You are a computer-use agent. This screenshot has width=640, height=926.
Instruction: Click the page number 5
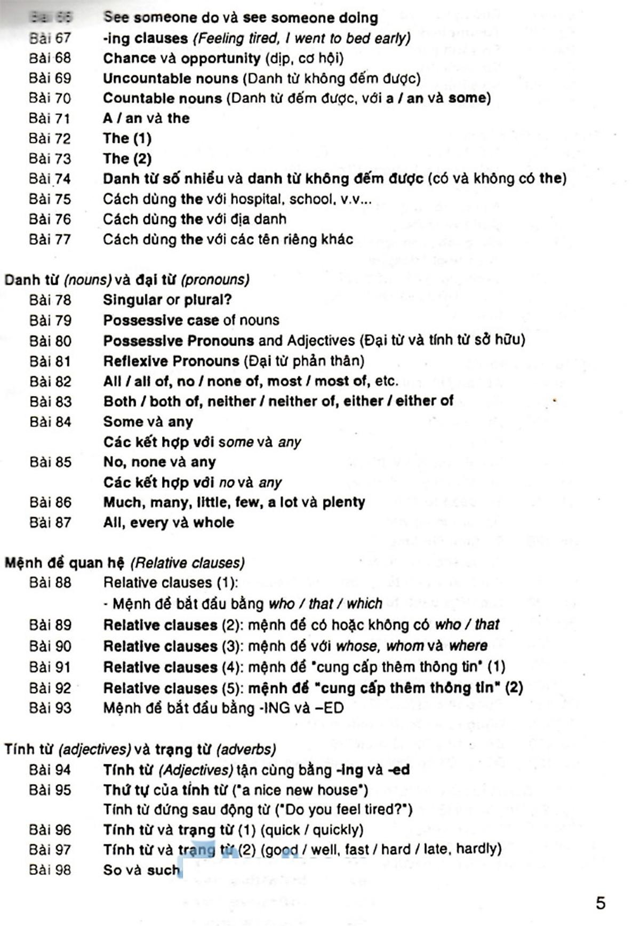point(601,903)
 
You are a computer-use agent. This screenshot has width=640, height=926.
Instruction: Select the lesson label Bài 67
point(50,38)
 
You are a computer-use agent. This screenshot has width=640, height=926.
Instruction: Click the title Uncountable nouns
point(171,78)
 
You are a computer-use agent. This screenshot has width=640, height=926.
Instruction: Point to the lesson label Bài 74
point(50,179)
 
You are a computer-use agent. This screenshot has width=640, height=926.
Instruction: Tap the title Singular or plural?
point(167,300)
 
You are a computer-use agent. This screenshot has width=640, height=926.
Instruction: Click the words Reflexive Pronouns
point(171,361)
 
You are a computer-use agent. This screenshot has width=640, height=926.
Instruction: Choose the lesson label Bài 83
point(50,401)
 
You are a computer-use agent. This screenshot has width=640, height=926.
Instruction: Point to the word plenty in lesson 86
point(343,502)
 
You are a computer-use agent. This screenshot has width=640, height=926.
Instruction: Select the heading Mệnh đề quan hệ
point(65,563)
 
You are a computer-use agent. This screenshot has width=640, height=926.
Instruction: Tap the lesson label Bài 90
point(50,646)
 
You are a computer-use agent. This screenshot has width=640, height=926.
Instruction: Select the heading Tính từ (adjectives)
point(68,749)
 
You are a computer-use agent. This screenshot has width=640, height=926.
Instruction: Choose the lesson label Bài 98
point(50,870)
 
